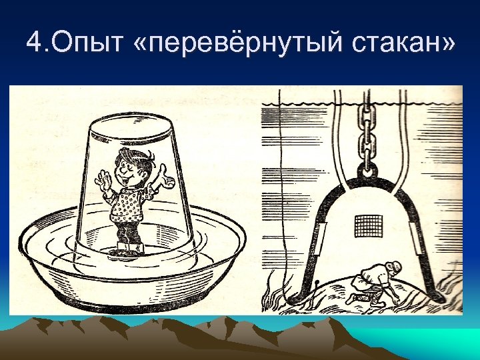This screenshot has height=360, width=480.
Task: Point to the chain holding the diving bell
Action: coord(365,133)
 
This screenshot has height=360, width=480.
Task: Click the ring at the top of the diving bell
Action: coord(365,171)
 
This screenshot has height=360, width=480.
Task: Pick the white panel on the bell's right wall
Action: coord(419,239)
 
